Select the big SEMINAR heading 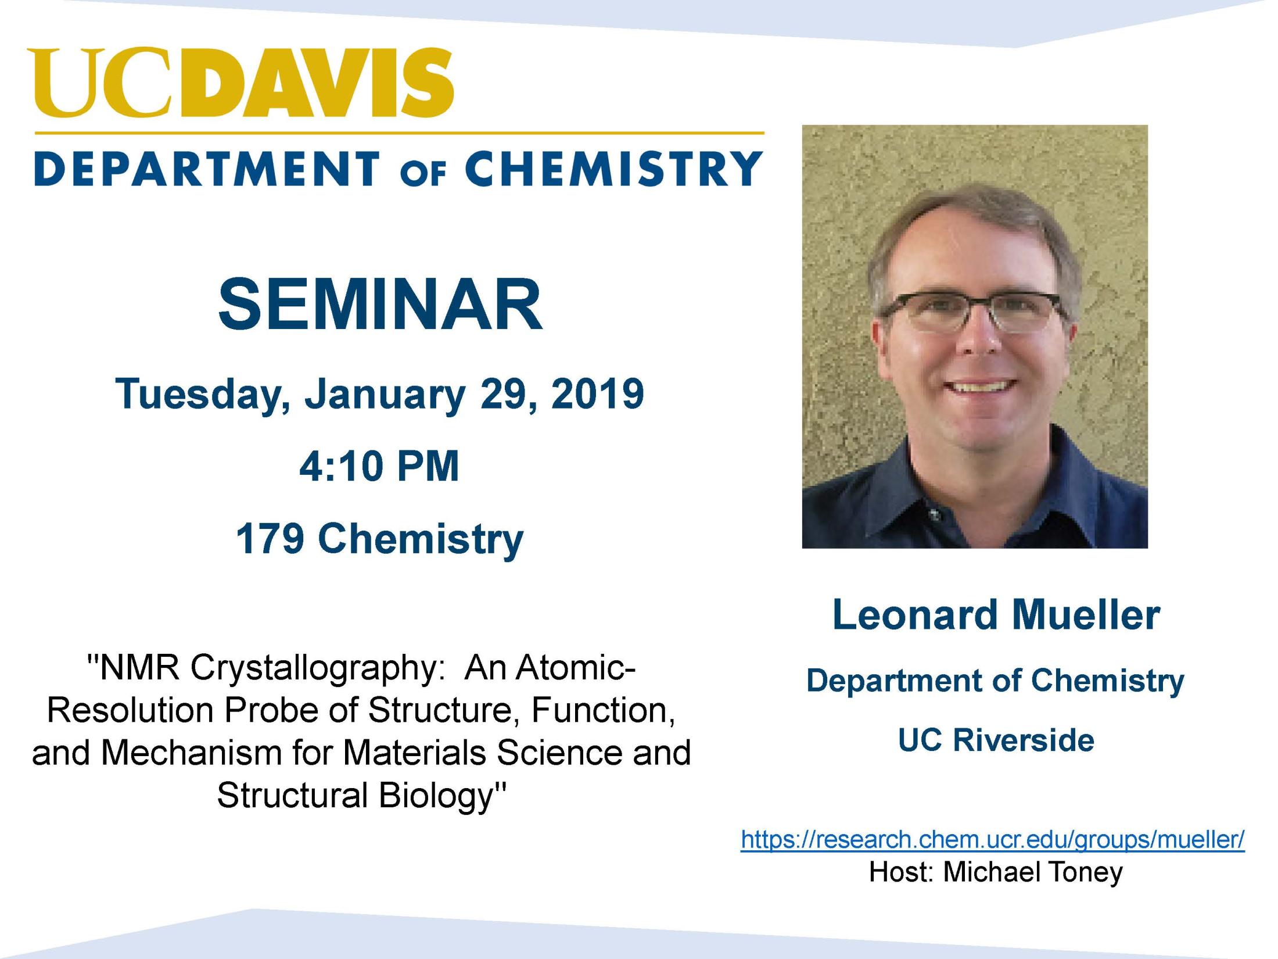tap(380, 304)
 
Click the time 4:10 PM tap(379, 466)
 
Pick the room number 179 tap(270, 538)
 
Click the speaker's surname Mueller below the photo tap(1086, 614)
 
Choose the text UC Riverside tap(996, 740)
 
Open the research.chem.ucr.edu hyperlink tap(993, 839)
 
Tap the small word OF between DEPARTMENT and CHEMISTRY tap(423, 174)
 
